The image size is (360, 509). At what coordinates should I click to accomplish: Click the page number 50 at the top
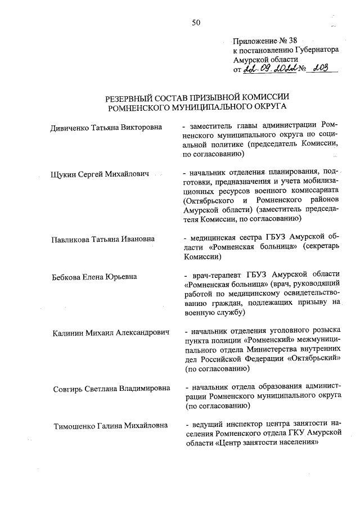(x=196, y=22)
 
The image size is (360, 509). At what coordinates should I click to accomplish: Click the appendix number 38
(x=290, y=40)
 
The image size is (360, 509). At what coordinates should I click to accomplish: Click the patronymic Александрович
(x=143, y=333)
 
